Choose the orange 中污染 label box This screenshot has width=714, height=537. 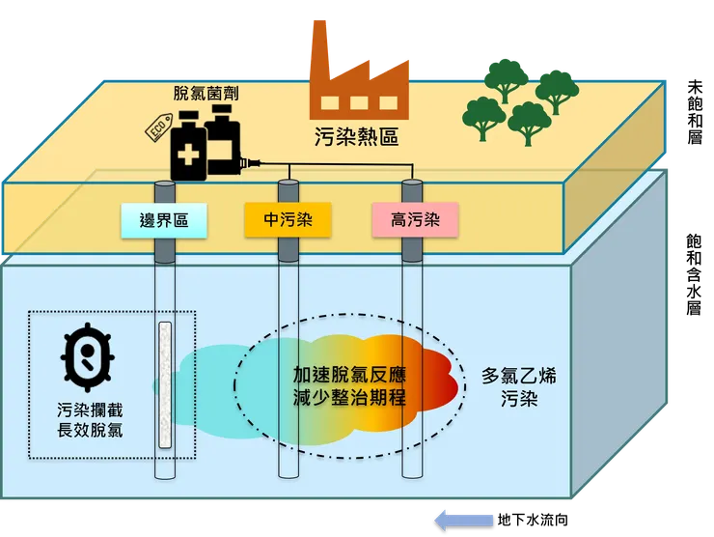click(286, 221)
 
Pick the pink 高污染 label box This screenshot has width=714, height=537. click(415, 221)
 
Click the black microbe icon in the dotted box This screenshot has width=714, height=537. click(88, 354)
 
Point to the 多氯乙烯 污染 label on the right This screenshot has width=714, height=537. click(519, 386)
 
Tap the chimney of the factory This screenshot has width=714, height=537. click(319, 44)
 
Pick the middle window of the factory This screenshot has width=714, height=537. click(359, 104)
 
